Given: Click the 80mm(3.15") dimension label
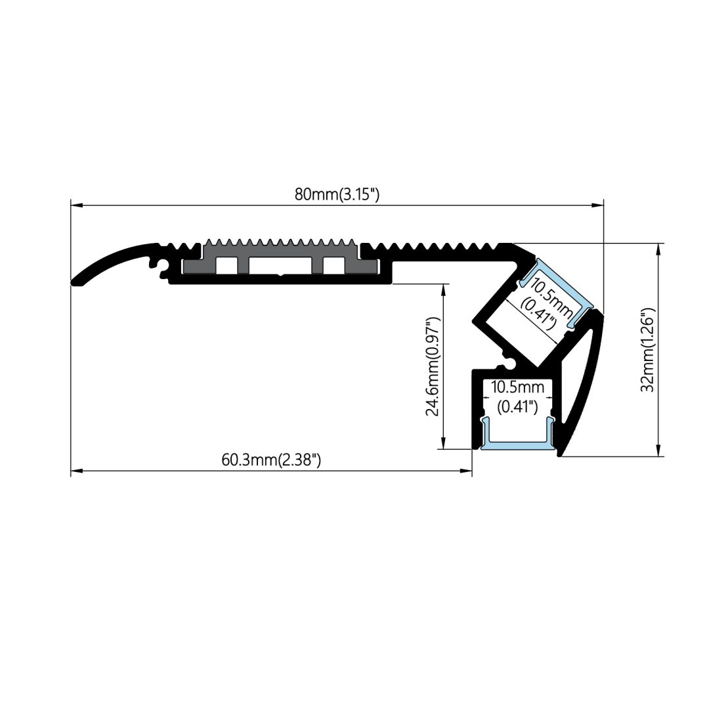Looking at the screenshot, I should click(337, 194).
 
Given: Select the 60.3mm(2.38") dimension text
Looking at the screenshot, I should click(271, 460).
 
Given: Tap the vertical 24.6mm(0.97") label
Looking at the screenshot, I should click(432, 366).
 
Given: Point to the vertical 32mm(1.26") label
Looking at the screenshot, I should click(647, 350).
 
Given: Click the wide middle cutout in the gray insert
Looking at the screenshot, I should click(280, 265).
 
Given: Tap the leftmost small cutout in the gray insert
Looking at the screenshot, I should click(226, 265).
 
